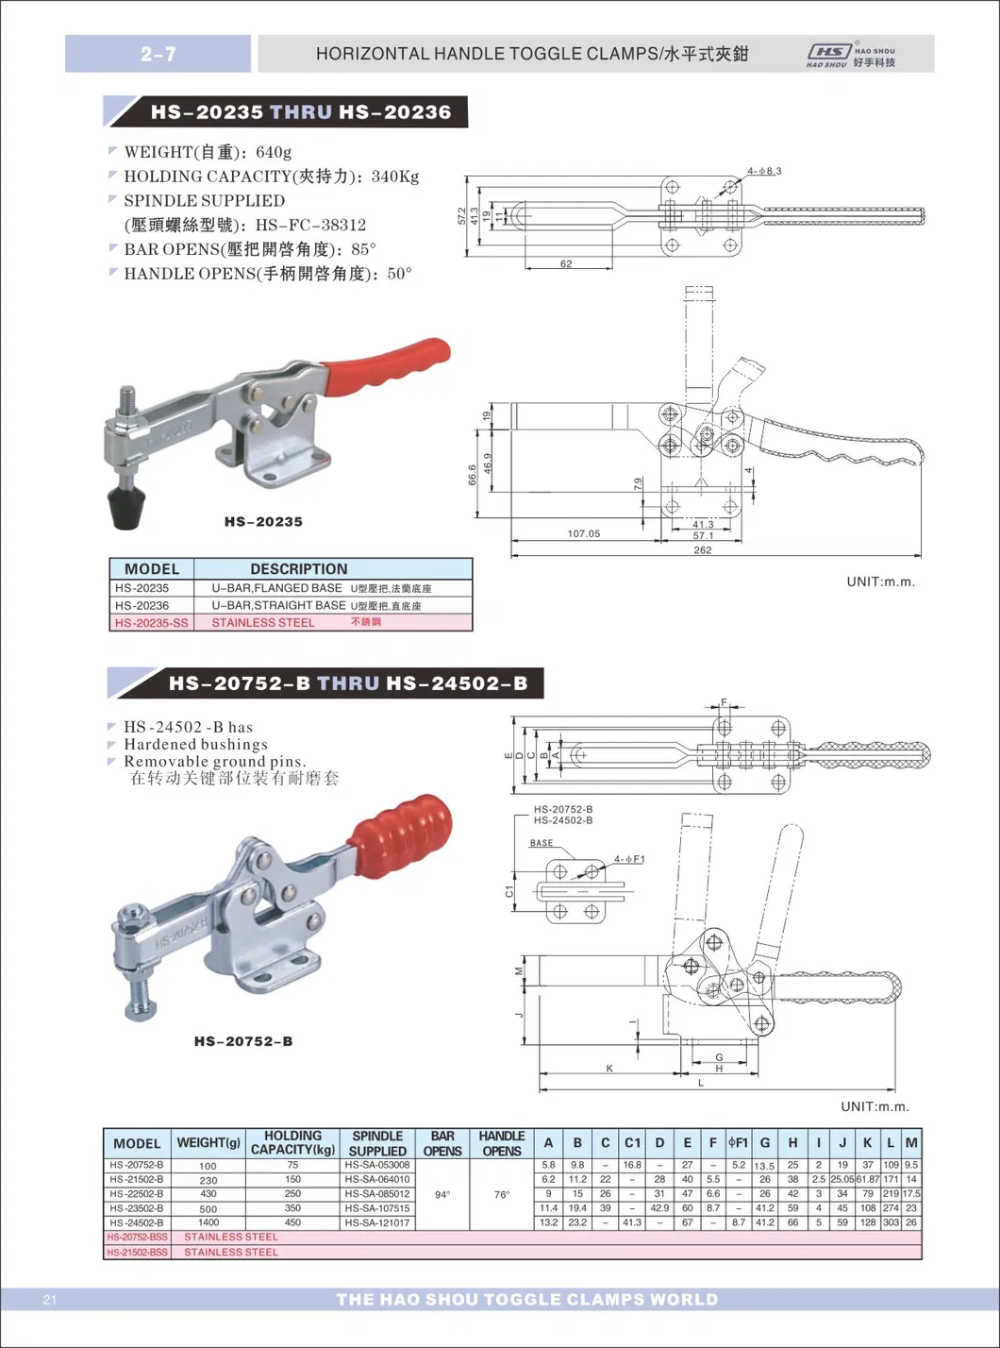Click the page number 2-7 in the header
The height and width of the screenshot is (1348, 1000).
pyautogui.click(x=158, y=54)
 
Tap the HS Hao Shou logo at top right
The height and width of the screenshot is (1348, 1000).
pyautogui.click(x=850, y=55)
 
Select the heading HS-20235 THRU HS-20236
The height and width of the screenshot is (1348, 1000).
pyautogui.click(x=300, y=112)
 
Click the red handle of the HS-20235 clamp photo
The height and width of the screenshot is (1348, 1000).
pyautogui.click(x=387, y=363)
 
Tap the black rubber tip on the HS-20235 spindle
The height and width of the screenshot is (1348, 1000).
pyautogui.click(x=125, y=507)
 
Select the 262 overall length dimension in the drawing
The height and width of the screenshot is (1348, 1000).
pyautogui.click(x=702, y=550)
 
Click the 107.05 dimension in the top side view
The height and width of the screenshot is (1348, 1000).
pyautogui.click(x=583, y=534)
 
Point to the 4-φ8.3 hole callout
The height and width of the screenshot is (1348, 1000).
pyautogui.click(x=764, y=171)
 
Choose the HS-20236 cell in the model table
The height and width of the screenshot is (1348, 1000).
pyautogui.click(x=142, y=605)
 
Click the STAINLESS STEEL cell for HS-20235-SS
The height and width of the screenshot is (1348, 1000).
pyautogui.click(x=263, y=623)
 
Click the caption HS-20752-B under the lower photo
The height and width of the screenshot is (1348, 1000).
pyautogui.click(x=242, y=1041)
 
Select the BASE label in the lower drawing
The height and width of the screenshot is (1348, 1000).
pyautogui.click(x=542, y=843)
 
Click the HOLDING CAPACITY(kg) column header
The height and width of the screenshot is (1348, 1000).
pyautogui.click(x=292, y=1142)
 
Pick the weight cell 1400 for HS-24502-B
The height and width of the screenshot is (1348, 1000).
pyautogui.click(x=208, y=1222)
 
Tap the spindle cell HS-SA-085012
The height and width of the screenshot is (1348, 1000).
pyautogui.click(x=377, y=1194)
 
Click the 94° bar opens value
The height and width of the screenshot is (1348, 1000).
pyautogui.click(x=442, y=1194)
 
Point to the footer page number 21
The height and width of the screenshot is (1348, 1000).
pyautogui.click(x=50, y=1301)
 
